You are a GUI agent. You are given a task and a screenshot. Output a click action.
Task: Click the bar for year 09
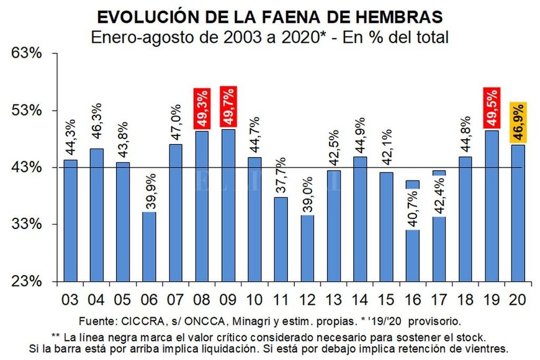pos(228,205)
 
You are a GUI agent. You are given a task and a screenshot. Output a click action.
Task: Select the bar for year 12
pos(307,248)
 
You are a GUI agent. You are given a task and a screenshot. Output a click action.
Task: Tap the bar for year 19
pos(491,205)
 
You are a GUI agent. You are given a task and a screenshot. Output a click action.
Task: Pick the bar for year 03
pos(70,220)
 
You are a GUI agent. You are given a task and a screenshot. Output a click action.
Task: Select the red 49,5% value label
pos(491,108)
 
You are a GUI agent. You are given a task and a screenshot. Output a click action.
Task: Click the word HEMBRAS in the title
pos(391,16)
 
